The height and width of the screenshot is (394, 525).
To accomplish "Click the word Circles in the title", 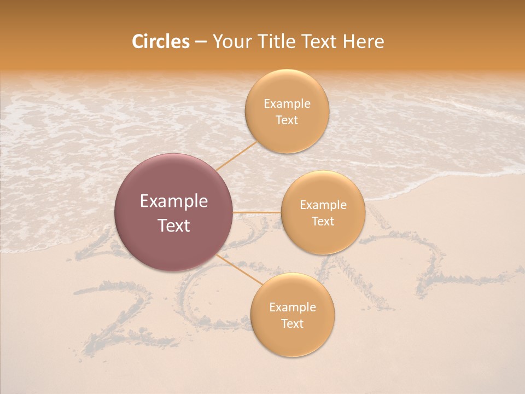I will point(161,42).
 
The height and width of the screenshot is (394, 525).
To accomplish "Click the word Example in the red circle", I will point(174,201).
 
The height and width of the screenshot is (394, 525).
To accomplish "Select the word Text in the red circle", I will point(174,225).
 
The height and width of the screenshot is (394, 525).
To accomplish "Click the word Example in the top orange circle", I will point(287,104).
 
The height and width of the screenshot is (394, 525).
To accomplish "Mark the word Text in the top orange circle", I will point(287,120).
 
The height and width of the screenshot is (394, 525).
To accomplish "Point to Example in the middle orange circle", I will point(323,205).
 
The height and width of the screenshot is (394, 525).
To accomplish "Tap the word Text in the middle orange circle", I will point(323,222).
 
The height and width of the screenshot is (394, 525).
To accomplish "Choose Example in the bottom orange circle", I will point(293,308).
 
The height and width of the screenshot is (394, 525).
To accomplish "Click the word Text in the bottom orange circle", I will point(292,324).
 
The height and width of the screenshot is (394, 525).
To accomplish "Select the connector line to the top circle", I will point(236,156).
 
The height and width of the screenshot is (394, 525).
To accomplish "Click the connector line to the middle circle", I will point(257,212).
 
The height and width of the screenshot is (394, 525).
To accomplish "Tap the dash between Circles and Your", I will point(201,42).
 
